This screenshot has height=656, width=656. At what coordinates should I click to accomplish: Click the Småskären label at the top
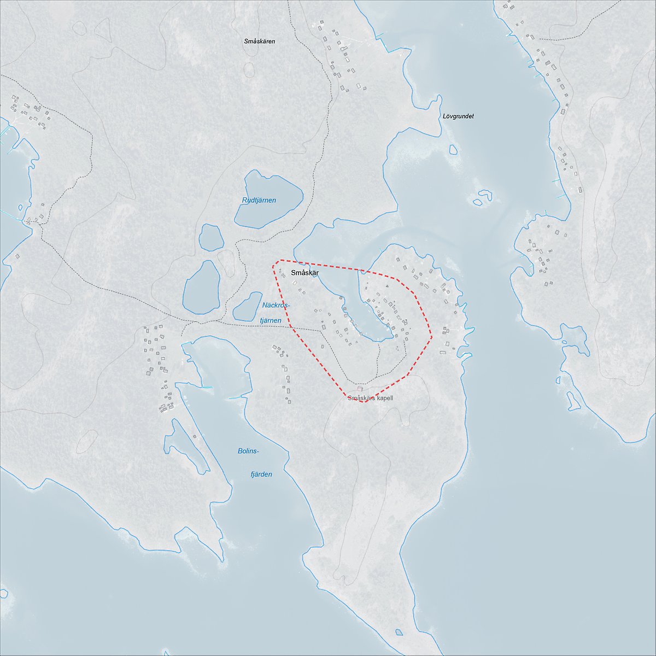point(260,41)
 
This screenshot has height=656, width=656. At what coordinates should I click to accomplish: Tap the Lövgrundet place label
point(458,116)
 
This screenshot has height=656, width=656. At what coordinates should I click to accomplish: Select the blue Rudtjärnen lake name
point(259,200)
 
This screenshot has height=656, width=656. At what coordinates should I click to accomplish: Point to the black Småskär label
point(305,273)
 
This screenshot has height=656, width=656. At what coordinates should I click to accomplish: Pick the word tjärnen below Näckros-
point(270,320)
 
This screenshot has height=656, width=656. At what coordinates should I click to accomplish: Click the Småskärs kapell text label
point(370,399)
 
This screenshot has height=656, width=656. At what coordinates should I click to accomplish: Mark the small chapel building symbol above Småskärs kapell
point(359,389)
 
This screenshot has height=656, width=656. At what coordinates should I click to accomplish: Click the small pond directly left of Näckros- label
point(247,307)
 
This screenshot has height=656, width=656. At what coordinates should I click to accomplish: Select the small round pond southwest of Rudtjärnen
point(211,237)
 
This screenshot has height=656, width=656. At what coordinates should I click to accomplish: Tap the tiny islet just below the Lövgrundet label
point(453,149)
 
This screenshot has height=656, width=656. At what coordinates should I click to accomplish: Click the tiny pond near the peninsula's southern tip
point(399,633)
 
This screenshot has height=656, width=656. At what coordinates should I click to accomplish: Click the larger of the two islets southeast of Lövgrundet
point(484,194)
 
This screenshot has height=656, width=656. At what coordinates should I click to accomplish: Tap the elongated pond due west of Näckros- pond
point(201,287)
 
